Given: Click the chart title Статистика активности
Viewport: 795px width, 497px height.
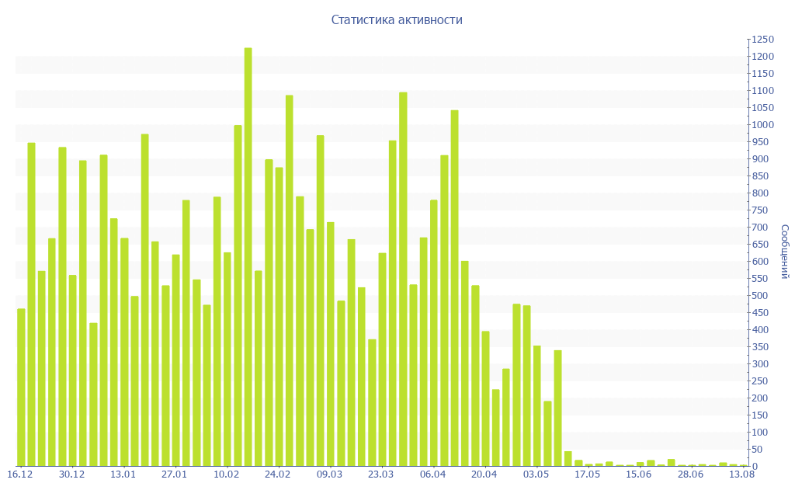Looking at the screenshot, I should coord(397,20).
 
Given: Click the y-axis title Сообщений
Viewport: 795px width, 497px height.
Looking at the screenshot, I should coord(785,252).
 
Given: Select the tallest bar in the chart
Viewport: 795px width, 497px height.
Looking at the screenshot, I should coord(248,256).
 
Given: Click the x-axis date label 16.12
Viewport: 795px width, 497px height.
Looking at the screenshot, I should coord(20,474).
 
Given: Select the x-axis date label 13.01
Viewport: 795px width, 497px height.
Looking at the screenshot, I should coord(123,474).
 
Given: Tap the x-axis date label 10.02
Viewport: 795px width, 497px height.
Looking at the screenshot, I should coord(227,474).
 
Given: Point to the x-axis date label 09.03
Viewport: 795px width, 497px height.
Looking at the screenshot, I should coord(330,474).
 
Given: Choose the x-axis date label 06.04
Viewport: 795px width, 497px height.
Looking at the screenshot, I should coord(433,474).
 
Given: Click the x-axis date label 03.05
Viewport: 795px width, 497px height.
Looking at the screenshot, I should coord(536,474).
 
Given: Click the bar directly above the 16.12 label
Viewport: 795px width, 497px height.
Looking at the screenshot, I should coord(21,388).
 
